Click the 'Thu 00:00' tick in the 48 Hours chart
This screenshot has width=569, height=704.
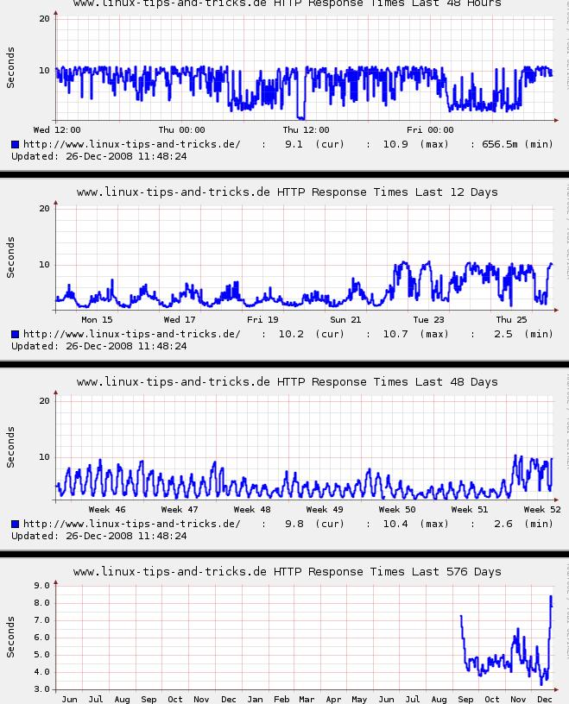point(181,130)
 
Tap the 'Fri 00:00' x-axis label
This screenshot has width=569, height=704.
point(430,130)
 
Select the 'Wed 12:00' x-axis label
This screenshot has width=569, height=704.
point(57,130)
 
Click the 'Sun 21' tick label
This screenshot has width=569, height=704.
point(345,320)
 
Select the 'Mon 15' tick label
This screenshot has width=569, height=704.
point(97,320)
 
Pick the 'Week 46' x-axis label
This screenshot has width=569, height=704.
point(107,510)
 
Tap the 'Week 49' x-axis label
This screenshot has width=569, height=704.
point(325,510)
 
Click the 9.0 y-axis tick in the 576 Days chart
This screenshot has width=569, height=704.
point(40,586)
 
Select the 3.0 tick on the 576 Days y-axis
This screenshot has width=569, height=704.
point(40,689)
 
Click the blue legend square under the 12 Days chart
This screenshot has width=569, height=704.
point(16,334)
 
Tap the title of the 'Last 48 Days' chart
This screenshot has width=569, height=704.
point(287,381)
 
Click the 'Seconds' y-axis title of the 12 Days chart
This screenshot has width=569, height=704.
point(10,258)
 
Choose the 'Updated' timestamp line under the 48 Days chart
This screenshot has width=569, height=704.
point(99,536)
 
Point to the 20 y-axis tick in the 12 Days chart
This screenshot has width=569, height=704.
point(44,208)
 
